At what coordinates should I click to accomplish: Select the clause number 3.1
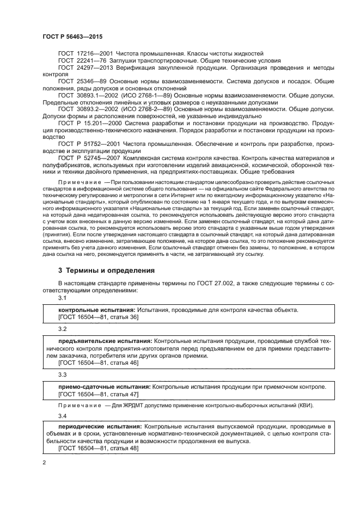click(62, 298)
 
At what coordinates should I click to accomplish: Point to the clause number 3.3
click(62, 375)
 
